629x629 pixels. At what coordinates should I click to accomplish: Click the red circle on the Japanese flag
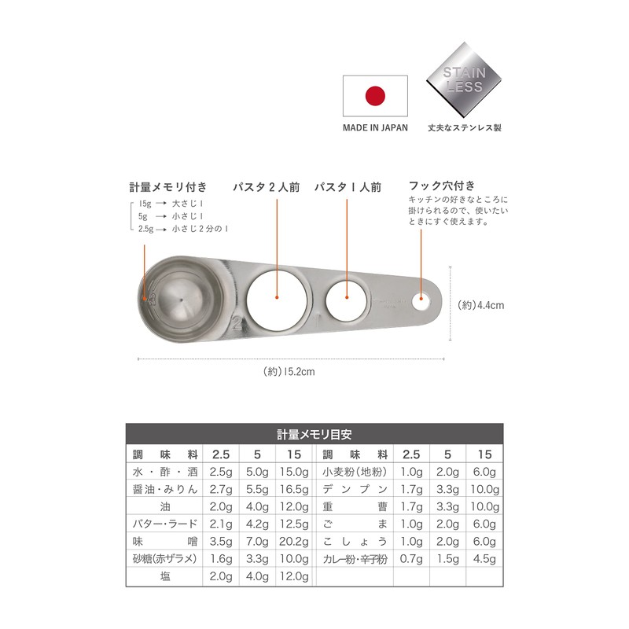tap(376, 95)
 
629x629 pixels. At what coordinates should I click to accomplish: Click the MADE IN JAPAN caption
tap(375, 127)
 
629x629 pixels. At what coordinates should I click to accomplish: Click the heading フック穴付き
tap(442, 186)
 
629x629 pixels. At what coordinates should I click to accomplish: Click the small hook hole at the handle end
tap(421, 299)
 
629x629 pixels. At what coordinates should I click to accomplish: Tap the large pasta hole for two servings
tap(277, 296)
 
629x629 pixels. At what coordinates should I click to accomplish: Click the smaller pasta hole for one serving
tap(347, 297)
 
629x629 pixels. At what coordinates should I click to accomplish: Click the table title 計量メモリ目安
tap(314, 433)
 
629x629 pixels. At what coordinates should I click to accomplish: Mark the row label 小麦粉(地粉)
tap(355, 472)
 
